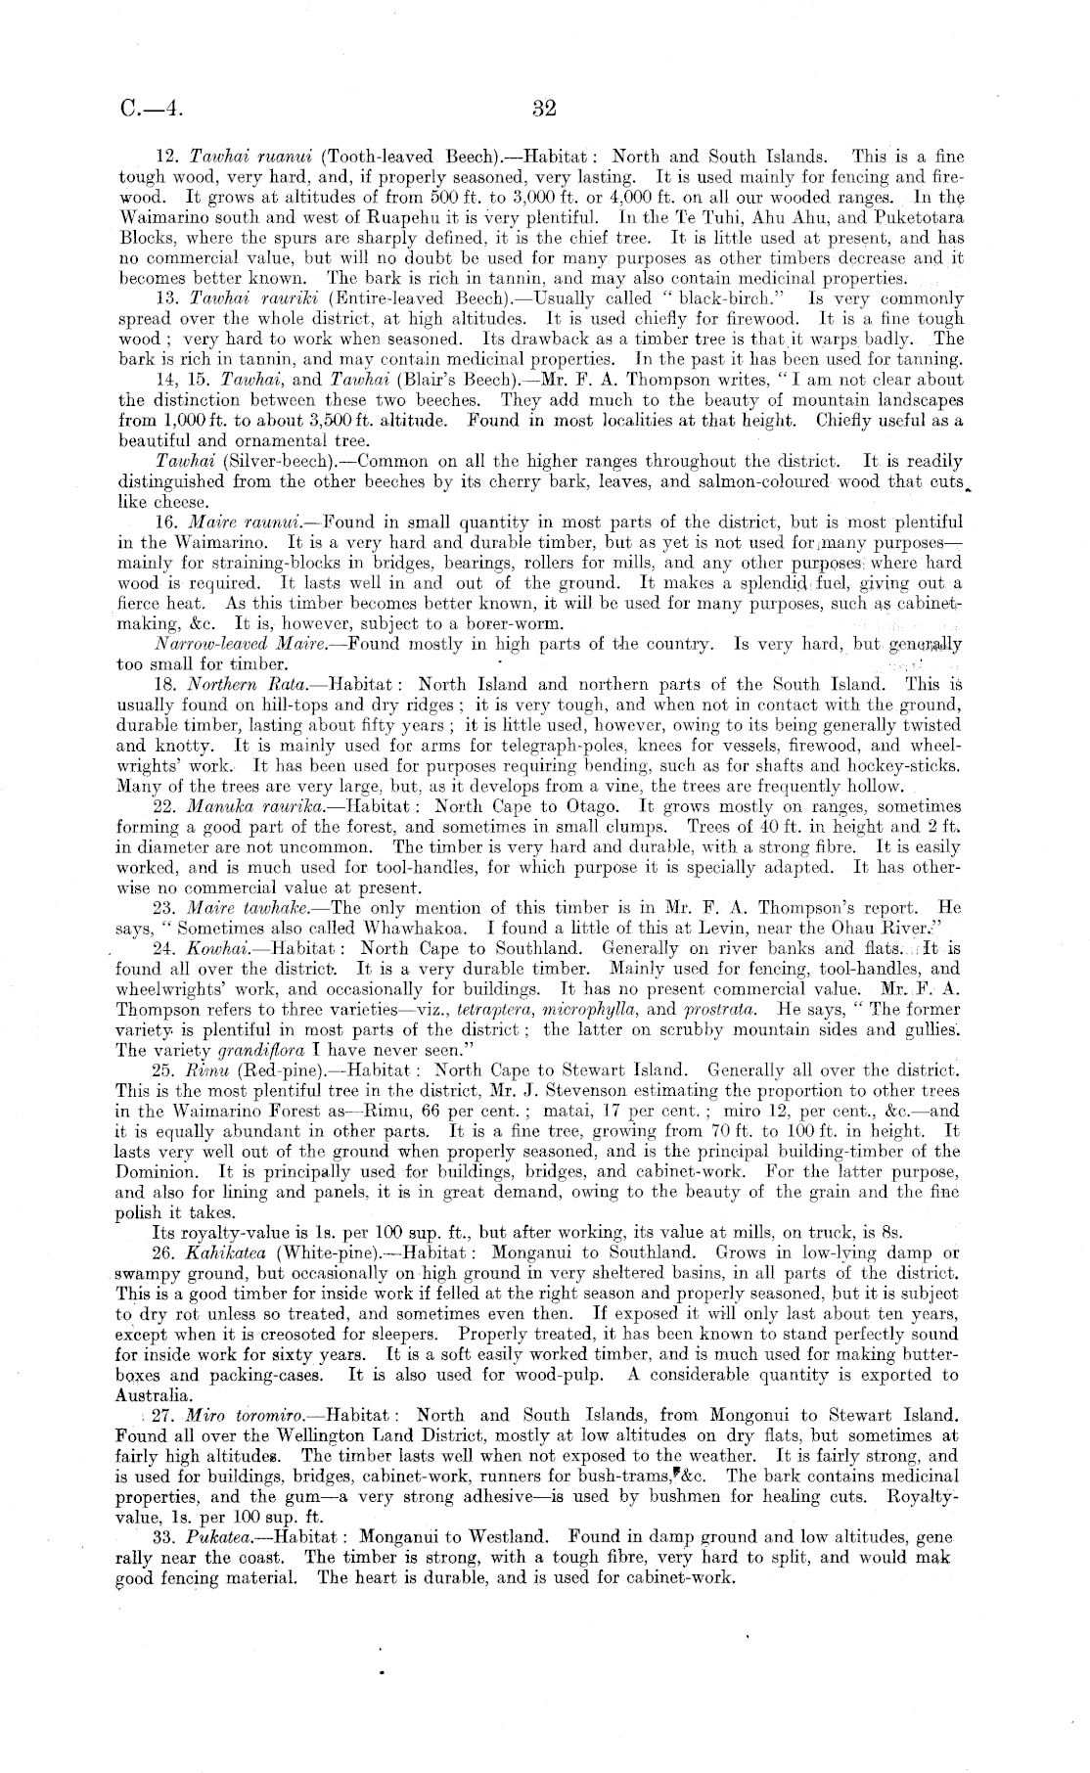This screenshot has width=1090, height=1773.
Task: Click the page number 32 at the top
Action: click(x=545, y=108)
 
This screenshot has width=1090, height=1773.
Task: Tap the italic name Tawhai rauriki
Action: click(x=248, y=298)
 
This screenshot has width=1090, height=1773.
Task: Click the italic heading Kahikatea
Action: click(x=225, y=1251)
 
